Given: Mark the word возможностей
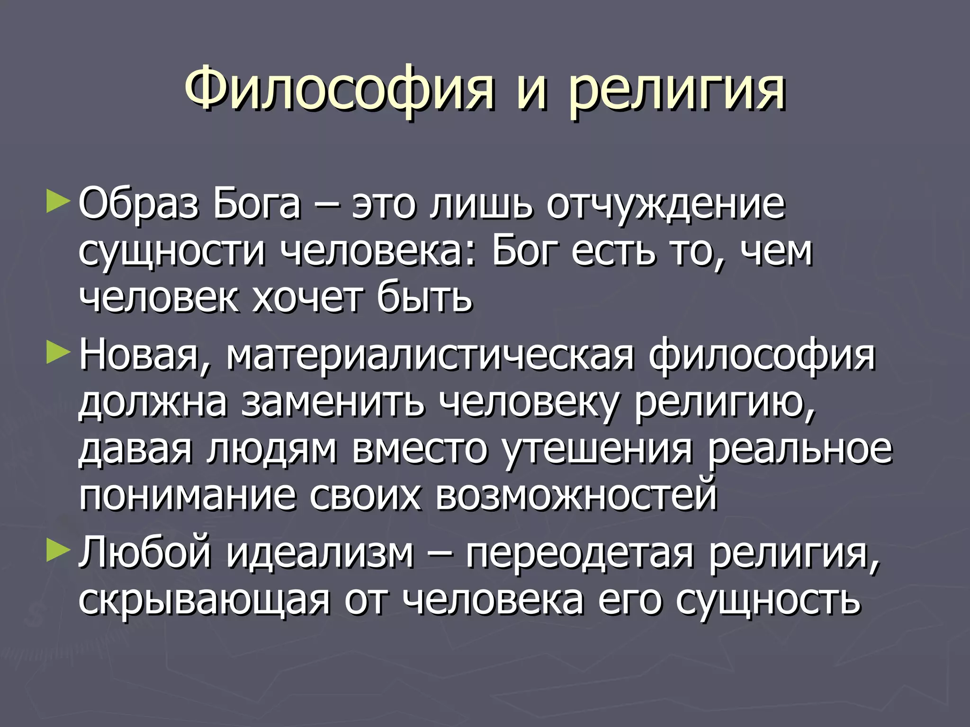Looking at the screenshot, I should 576,496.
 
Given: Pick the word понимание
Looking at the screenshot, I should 188,497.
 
